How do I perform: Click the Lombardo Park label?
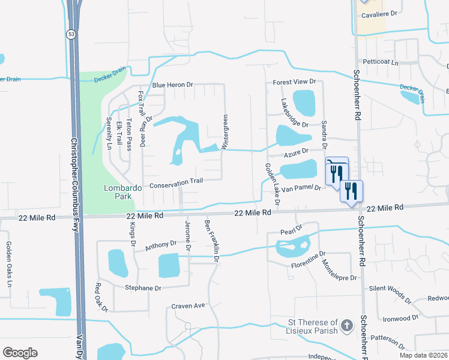[122, 191]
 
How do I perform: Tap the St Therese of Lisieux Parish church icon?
[346, 326]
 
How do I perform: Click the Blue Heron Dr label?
[172, 85]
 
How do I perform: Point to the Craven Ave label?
[188, 306]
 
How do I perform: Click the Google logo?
[20, 352]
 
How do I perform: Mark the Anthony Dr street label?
[160, 245]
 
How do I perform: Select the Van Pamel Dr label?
[303, 188]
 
